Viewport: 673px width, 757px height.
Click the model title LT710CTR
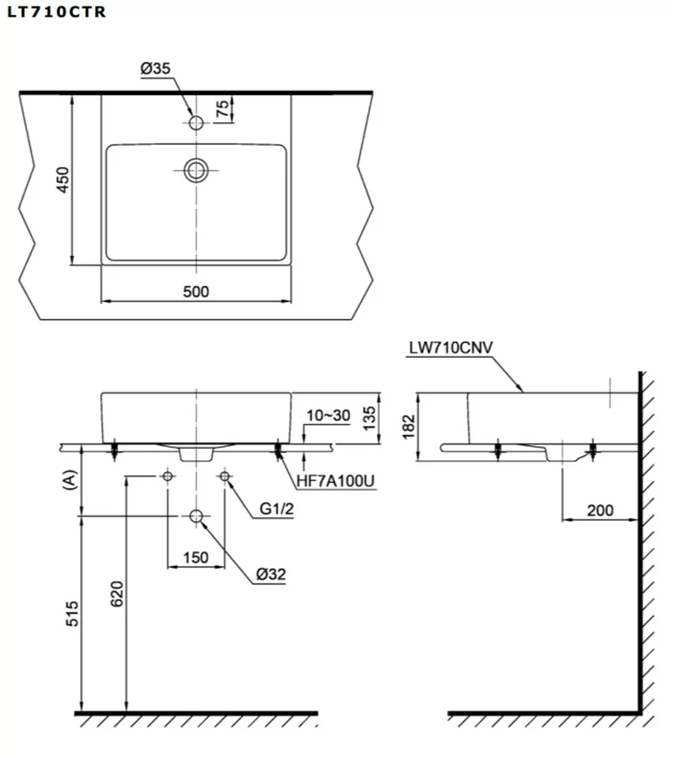point(56,12)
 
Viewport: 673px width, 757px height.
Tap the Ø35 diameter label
point(155,69)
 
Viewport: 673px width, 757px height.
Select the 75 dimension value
point(222,108)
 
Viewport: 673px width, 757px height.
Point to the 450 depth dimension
point(63,180)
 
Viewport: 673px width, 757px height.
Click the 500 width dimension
point(196,291)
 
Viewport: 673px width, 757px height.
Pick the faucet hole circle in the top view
point(196,123)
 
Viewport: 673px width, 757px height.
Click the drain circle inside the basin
point(196,170)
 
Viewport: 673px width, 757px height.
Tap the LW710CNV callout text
point(451,348)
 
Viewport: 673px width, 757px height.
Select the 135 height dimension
point(368,418)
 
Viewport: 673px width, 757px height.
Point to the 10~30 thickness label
point(329,415)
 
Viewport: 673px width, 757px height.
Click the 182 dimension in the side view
point(409,427)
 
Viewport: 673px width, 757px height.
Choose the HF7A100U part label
point(336,481)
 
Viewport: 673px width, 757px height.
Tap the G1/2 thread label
point(276,508)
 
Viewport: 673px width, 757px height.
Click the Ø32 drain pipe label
point(271,574)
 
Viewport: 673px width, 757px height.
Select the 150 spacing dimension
point(196,557)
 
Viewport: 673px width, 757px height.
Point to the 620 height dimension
point(117,594)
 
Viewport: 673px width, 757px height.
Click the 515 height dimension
point(72,614)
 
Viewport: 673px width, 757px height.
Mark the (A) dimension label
point(70,480)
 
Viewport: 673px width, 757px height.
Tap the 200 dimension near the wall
point(600,510)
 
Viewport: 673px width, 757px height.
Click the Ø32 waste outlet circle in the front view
point(196,516)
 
